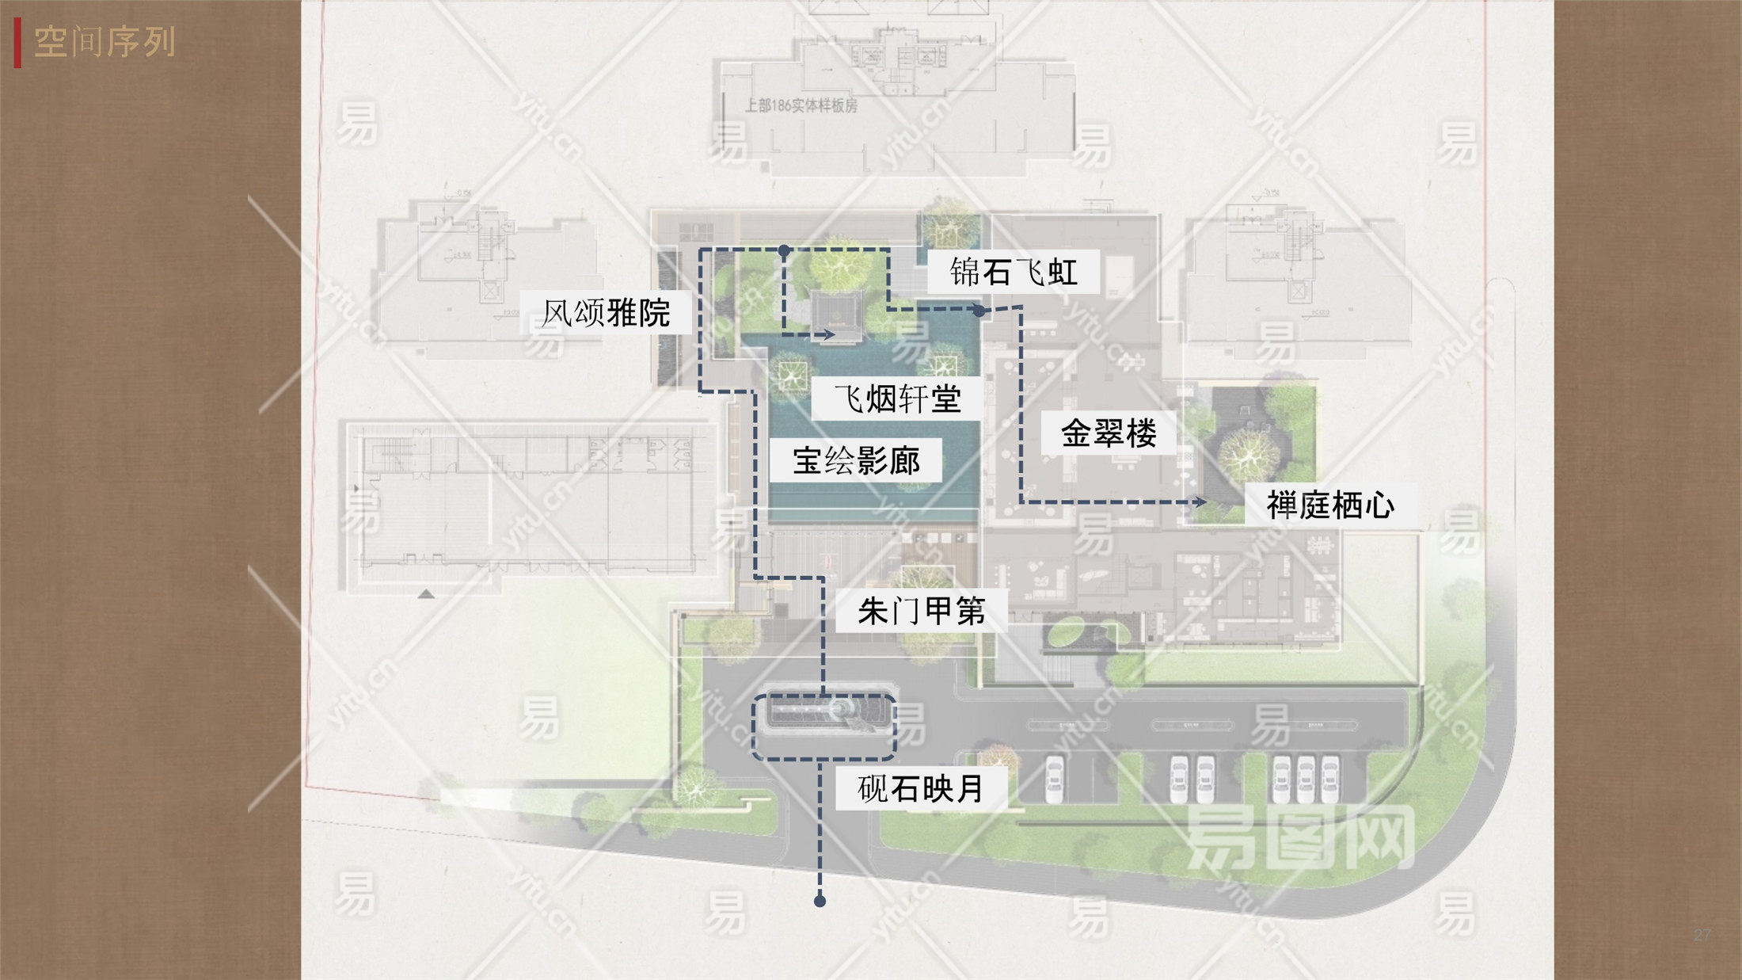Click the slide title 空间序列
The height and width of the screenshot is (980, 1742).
104,42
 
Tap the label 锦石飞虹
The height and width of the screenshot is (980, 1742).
1014,273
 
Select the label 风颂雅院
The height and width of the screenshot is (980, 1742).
606,313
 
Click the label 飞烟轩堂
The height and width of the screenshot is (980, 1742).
897,398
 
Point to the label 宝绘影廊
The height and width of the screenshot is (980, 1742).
856,460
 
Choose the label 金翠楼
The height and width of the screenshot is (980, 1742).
1109,433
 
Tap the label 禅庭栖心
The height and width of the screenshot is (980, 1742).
1330,505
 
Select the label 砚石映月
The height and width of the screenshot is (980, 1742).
922,789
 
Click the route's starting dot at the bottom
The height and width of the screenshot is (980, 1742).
820,901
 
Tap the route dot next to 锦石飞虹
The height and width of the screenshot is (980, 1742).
979,311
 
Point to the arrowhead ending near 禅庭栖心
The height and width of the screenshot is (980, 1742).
1201,501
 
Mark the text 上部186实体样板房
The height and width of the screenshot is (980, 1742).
801,105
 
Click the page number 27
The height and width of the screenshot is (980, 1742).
1702,935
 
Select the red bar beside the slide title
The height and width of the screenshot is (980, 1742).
17,44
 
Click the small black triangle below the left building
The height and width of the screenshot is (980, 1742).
426,593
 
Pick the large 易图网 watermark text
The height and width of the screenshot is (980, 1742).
1299,837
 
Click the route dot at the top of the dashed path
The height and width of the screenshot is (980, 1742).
784,250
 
